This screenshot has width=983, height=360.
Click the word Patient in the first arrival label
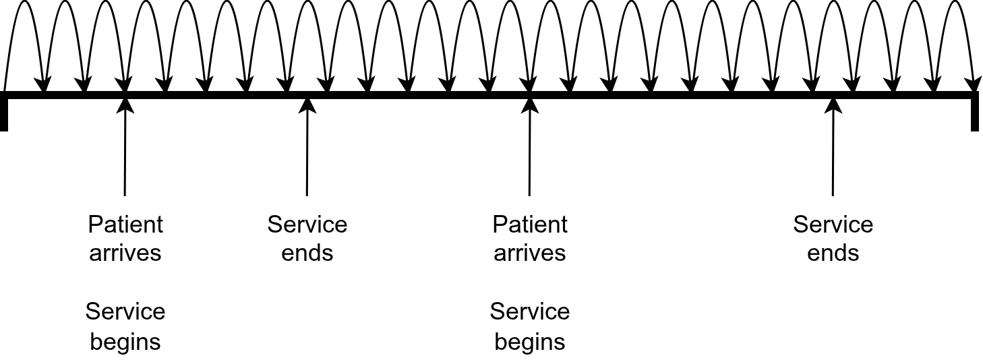coord(125,224)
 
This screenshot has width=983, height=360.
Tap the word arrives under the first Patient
coord(125,253)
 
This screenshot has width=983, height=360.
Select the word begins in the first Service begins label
coord(125,341)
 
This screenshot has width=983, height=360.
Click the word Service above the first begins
coord(125,311)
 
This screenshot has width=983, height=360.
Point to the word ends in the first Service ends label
coord(307,253)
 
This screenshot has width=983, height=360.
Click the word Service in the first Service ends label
coord(307,224)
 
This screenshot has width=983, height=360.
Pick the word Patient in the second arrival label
coord(530,224)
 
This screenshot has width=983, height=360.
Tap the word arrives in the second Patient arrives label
coord(530,253)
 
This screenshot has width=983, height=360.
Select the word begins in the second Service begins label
coord(530,341)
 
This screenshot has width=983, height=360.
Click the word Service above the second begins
coord(530,311)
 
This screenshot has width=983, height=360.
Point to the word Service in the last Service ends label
coord(833,224)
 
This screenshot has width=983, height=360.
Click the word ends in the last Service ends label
coord(833,253)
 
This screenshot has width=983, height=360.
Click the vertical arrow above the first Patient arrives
coord(125,148)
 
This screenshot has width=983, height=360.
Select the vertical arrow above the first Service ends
coord(307,148)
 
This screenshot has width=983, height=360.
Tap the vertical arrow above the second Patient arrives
coord(529,148)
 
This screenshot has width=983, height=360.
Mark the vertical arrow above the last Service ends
coord(833,148)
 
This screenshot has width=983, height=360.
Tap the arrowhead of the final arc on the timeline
coord(973,84)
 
